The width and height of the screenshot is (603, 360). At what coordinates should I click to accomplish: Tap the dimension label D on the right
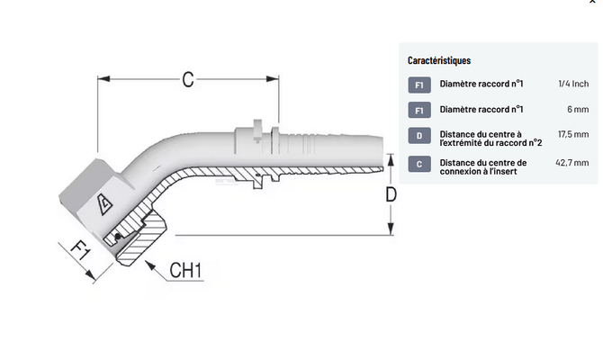pos(391,195)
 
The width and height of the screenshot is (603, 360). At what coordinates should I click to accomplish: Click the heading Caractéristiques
pos(439,60)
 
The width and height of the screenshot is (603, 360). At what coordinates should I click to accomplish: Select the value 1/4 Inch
pos(572,84)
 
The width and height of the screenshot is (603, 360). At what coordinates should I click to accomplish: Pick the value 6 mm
pos(578,109)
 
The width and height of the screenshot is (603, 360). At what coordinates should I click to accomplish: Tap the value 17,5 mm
pos(572,134)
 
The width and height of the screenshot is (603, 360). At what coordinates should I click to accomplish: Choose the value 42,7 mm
pos(572,163)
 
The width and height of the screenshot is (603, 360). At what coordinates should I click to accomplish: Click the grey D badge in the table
pos(419,137)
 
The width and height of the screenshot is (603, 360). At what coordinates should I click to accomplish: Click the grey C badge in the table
pos(419,164)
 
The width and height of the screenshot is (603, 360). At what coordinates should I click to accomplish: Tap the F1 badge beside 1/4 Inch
pos(419,85)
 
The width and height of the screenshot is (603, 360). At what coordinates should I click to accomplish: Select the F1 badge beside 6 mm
pos(419,111)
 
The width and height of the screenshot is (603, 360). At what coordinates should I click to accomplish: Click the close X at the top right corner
pos(591,4)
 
